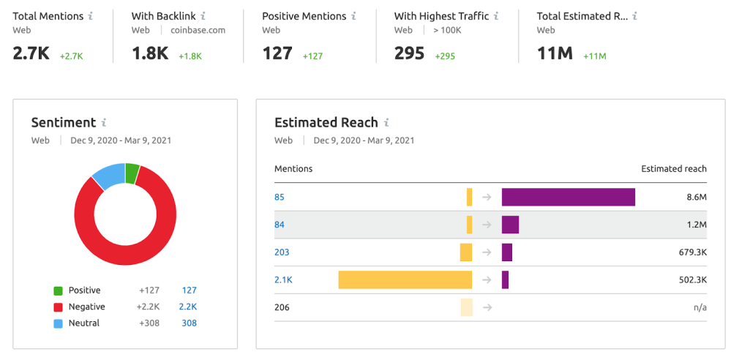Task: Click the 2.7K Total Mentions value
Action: [30, 53]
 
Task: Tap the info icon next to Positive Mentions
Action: [353, 15]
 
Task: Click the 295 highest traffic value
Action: [409, 53]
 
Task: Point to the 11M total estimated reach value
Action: [555, 53]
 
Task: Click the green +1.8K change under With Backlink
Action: [190, 56]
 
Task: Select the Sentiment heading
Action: [64, 122]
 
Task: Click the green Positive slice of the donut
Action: [132, 174]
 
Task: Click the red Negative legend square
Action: [58, 307]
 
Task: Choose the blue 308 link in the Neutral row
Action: [189, 323]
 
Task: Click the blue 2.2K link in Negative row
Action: [187, 307]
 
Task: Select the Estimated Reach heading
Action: [326, 122]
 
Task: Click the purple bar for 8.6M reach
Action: [568, 197]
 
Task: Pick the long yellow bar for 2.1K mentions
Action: [405, 280]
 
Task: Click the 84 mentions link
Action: [280, 225]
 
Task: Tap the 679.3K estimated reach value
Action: [693, 252]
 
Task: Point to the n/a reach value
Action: [699, 307]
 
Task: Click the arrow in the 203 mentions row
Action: [487, 252]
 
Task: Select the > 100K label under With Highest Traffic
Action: [446, 30]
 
